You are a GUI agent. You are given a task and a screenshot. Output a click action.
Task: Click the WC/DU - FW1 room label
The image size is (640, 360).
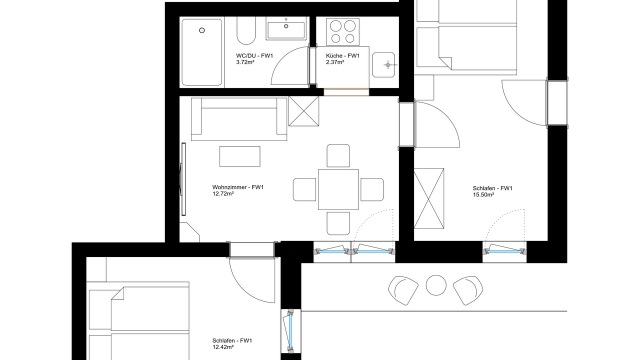[x=254, y=55]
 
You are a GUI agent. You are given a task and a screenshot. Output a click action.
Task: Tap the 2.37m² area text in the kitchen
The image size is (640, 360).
[x=335, y=62]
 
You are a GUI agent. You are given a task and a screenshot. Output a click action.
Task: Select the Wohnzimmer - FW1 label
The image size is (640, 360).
[x=237, y=187]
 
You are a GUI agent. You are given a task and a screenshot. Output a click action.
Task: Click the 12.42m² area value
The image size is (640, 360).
[x=223, y=347]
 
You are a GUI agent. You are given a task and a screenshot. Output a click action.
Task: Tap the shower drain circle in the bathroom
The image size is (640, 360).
[x=202, y=30]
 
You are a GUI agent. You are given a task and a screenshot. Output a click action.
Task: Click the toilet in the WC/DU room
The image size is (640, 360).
[x=246, y=30]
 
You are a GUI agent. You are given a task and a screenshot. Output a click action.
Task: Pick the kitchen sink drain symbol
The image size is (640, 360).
[x=387, y=65]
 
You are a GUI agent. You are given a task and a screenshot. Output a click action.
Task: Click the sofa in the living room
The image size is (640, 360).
[x=239, y=119]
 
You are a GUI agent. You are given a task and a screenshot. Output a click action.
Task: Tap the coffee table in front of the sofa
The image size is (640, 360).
[x=239, y=156]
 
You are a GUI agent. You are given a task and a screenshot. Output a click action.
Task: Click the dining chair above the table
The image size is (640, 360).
[x=338, y=155]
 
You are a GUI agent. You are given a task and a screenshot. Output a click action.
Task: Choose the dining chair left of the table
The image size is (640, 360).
[x=304, y=189]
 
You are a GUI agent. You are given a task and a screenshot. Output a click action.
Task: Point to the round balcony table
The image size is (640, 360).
[x=436, y=285]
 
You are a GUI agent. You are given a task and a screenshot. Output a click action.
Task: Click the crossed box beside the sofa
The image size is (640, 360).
[x=303, y=111]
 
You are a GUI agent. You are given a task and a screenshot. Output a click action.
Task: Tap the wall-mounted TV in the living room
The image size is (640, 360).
[x=183, y=179]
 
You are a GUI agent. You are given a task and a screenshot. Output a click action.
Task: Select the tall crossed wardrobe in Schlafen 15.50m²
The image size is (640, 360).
[x=429, y=198]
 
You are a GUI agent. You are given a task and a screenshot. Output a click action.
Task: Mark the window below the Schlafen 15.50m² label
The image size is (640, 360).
[x=505, y=251]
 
